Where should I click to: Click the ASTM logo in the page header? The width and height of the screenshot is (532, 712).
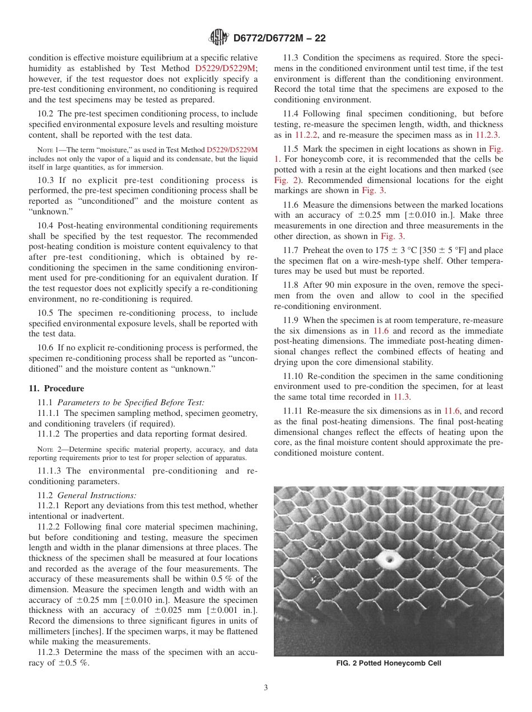coord(218,38)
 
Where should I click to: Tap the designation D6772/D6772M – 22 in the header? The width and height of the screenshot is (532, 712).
coord(279,39)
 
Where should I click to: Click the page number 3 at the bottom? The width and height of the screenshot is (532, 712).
coord(266,687)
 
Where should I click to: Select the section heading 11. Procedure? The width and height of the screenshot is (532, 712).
coord(56,388)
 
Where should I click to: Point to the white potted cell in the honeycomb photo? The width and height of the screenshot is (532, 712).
coord(386,559)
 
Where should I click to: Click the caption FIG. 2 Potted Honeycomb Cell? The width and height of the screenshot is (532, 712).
coord(389,663)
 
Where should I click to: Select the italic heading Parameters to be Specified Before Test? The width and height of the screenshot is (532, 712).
coord(131,402)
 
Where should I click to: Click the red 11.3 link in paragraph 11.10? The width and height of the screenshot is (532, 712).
coord(402,397)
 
